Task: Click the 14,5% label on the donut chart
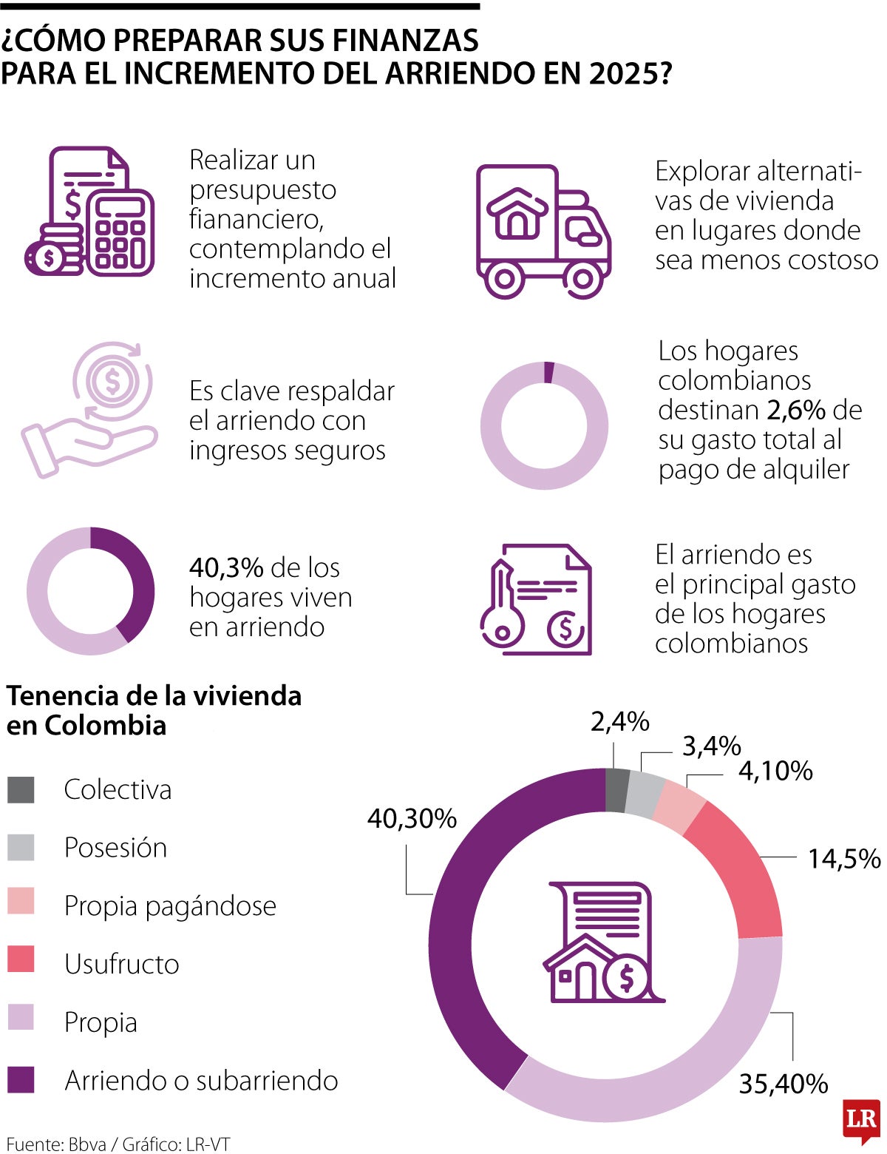(843, 859)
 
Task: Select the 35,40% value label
(783, 1084)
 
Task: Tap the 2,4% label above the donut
(619, 721)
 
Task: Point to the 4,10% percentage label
(775, 771)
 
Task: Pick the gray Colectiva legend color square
(21, 789)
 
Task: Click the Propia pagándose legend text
(170, 905)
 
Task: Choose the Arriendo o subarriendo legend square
(21, 1080)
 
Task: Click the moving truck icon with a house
(543, 231)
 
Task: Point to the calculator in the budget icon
(120, 233)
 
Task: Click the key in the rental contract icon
(502, 607)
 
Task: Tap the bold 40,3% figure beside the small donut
(226, 568)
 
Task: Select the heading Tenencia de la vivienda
(154, 696)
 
